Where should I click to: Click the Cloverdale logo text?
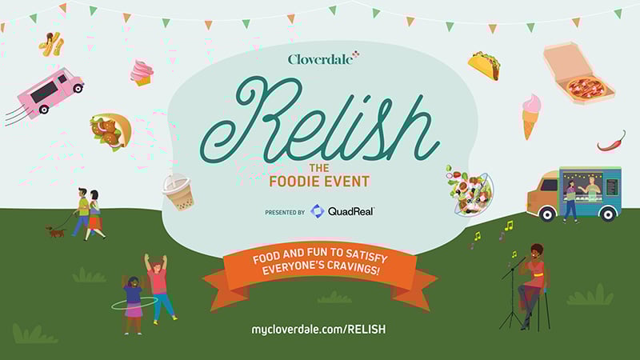321,59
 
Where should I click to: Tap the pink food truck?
50,92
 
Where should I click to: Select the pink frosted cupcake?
142,72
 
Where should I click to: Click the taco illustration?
484,66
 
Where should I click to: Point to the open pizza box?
578,74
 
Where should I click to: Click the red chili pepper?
611,142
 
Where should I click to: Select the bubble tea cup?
178,192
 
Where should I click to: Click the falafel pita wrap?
111,131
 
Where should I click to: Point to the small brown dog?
55,232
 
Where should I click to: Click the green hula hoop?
134,303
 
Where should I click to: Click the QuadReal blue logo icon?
317,211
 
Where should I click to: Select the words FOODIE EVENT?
319,182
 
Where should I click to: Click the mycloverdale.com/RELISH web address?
318,329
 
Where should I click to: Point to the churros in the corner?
52,44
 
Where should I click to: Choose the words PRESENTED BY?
285,213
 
